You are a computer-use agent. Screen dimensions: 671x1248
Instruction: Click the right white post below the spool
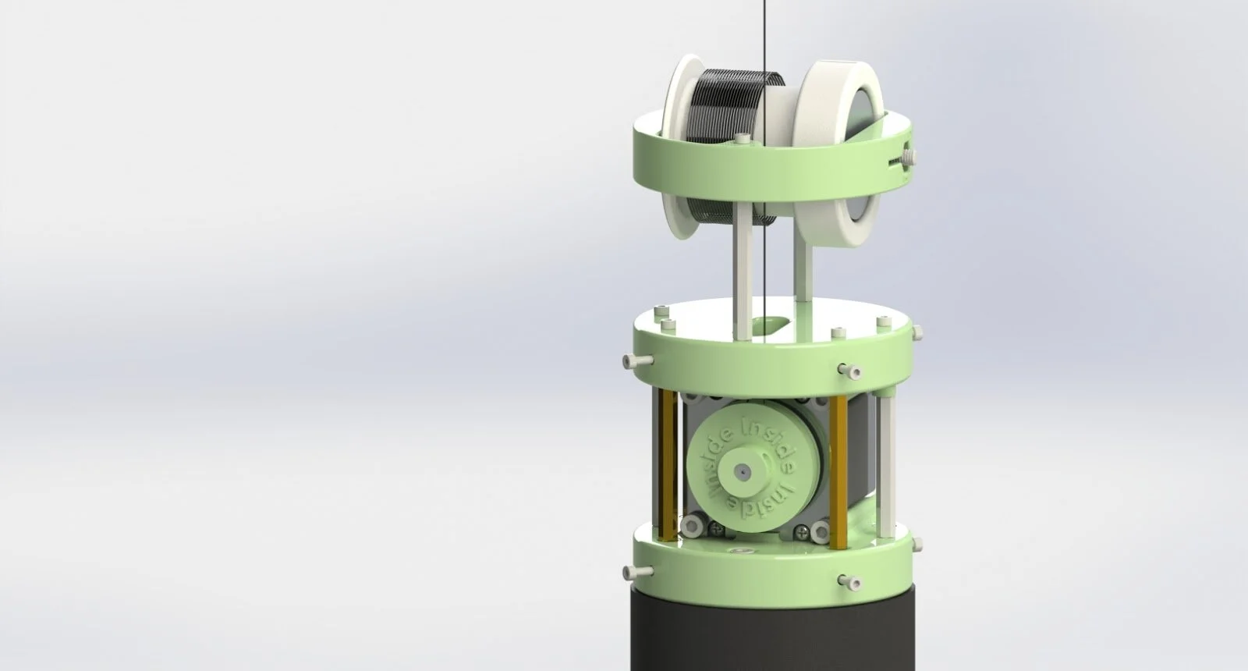(802, 273)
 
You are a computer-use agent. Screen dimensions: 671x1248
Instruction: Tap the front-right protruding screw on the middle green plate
(848, 368)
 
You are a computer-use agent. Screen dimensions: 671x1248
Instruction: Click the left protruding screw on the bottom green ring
(636, 572)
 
